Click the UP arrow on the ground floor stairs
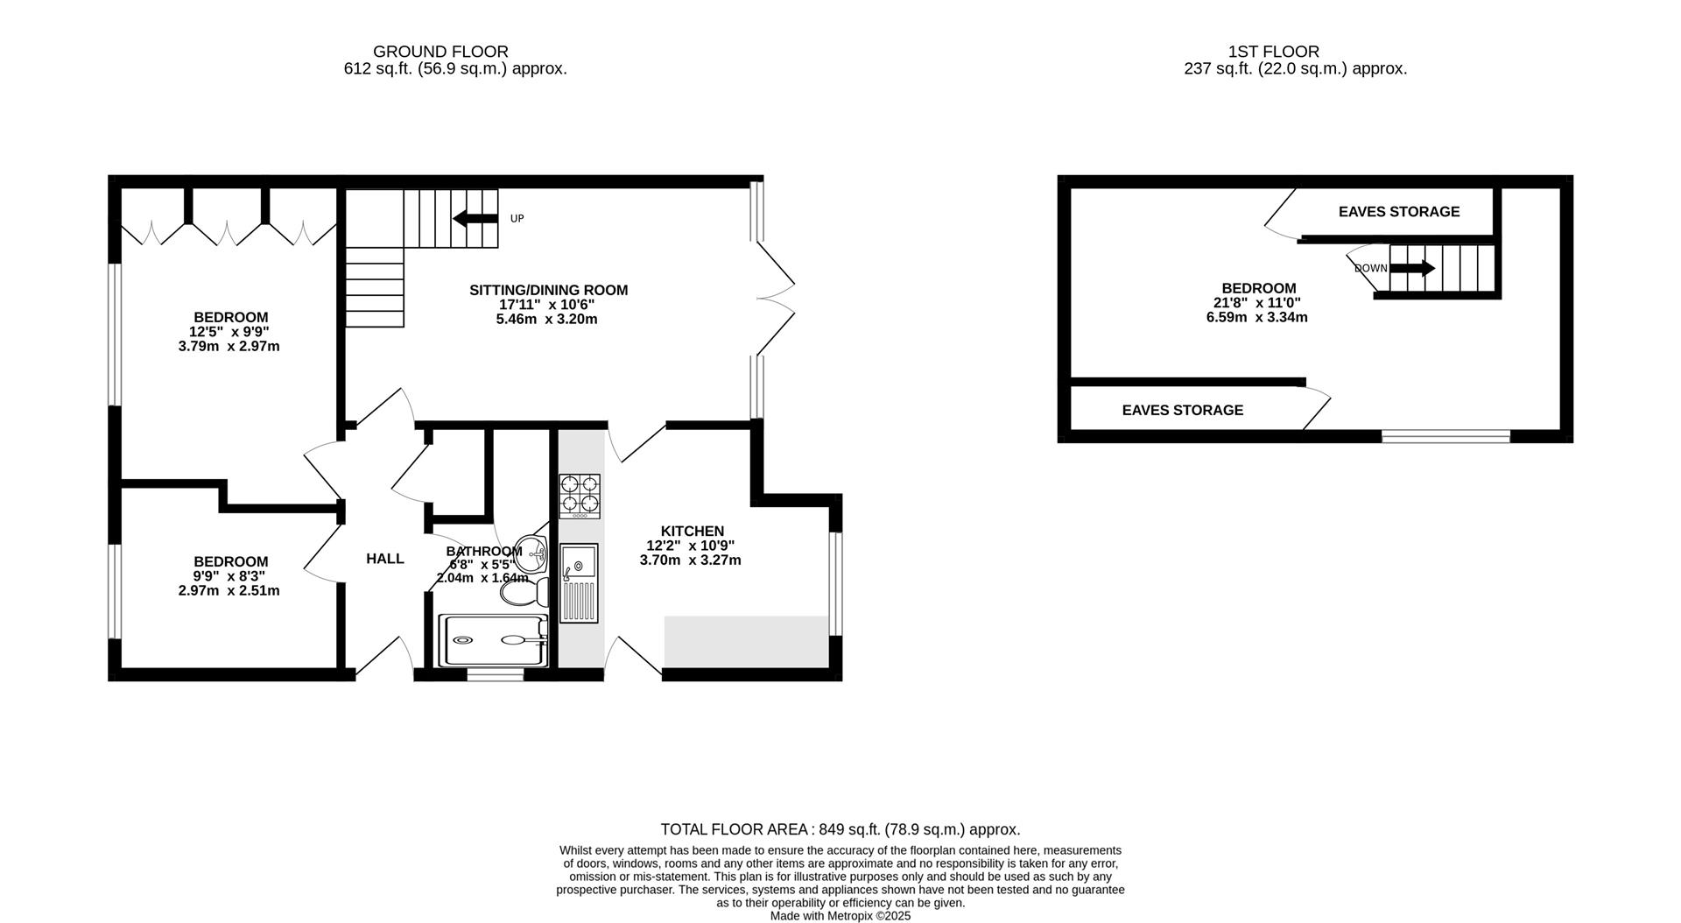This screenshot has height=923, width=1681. pos(475,218)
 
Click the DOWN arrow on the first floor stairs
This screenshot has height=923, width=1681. pos(1412,268)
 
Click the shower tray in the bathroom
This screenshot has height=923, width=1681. pos(492,639)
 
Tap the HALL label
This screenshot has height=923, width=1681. pos(385,559)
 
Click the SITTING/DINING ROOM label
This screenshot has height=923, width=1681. pos(548,291)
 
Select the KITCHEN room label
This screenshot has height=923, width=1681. pos(692,531)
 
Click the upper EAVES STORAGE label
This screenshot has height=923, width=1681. pos(1398,212)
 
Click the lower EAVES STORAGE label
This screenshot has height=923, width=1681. pos(1182,410)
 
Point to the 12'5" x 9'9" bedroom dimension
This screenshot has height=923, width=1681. pos(229,332)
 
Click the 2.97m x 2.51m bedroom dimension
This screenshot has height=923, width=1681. pos(229,591)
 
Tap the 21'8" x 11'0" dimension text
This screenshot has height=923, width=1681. pos(1256,303)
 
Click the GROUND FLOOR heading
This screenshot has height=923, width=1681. pos(440,52)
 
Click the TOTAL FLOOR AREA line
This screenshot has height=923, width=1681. pos(840,829)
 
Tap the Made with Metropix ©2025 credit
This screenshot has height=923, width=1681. pos(840,916)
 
